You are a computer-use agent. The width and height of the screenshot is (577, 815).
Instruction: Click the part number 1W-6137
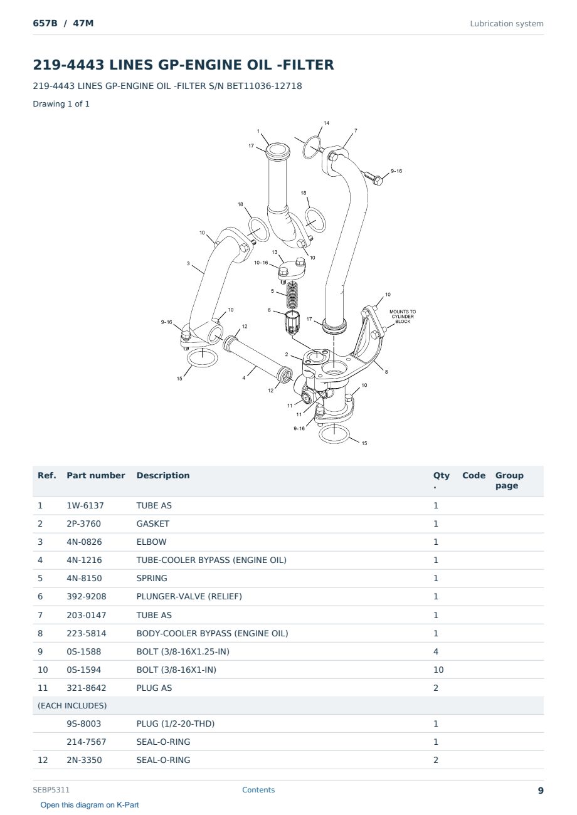(x=85, y=505)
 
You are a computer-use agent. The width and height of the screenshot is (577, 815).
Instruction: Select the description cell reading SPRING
(x=152, y=578)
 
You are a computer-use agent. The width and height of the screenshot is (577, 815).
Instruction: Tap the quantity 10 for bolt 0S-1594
(x=438, y=670)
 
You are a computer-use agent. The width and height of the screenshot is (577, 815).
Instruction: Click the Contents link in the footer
(x=258, y=789)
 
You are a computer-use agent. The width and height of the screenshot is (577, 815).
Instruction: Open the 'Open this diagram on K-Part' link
(x=90, y=804)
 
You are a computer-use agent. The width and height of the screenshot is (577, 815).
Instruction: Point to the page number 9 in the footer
(x=541, y=791)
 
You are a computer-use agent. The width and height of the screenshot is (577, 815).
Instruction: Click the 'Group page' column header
(x=509, y=480)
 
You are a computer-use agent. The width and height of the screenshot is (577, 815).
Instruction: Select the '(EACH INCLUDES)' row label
(x=72, y=705)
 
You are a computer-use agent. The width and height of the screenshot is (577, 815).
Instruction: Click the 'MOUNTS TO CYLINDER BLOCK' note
(x=403, y=317)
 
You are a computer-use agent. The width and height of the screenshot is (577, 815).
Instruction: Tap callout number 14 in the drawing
(x=327, y=123)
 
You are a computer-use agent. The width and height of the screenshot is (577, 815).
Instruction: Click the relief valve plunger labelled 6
(x=292, y=321)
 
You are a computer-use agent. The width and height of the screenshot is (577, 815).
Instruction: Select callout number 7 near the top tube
(x=356, y=130)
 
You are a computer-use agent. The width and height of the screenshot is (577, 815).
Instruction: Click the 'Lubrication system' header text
(x=507, y=24)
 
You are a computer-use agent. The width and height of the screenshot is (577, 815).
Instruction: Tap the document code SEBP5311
(x=51, y=789)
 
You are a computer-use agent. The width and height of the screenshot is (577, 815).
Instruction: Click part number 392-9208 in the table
(x=87, y=596)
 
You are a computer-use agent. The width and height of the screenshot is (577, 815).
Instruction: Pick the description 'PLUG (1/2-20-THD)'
(x=176, y=723)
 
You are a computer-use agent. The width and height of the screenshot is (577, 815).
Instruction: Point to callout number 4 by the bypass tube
(x=244, y=377)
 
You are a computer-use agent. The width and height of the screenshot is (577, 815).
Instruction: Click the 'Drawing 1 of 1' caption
(x=61, y=103)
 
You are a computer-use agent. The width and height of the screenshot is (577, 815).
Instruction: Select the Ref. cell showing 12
(x=43, y=760)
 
